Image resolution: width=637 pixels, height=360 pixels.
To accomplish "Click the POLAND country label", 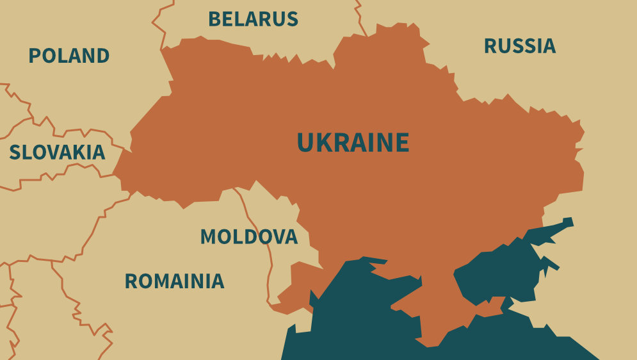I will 69,56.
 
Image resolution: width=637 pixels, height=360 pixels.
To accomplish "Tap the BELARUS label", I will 253,19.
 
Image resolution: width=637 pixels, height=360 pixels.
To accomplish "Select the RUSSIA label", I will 519,46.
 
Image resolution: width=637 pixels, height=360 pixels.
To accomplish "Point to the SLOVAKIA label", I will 57,152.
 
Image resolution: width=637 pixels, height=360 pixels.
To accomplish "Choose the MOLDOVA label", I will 248,237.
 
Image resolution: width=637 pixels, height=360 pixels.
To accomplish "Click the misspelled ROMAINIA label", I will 174,281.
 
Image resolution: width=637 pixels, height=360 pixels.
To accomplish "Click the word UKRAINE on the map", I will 353,142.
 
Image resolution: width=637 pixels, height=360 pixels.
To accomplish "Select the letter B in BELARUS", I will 214,19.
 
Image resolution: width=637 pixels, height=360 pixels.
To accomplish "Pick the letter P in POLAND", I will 34,56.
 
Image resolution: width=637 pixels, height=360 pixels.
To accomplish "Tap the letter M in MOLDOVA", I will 208,237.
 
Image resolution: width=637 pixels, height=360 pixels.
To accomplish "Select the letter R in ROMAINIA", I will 130,281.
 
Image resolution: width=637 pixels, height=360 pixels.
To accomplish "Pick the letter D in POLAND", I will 103,56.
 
